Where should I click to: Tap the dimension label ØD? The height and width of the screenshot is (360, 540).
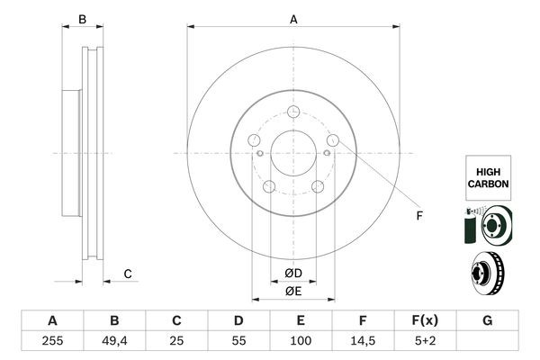coord(293,273)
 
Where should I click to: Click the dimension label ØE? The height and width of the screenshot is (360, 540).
coord(293,291)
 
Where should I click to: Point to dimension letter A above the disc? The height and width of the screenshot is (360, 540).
coord(293,19)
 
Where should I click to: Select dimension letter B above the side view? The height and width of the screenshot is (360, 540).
coord(82,19)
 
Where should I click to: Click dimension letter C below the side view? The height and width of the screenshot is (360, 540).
coord(128,274)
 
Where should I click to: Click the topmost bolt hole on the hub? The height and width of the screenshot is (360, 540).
coord(293,112)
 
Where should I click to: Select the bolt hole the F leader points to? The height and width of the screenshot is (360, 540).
coord(333,140)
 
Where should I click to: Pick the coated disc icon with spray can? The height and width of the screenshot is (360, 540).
coord(487,225)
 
